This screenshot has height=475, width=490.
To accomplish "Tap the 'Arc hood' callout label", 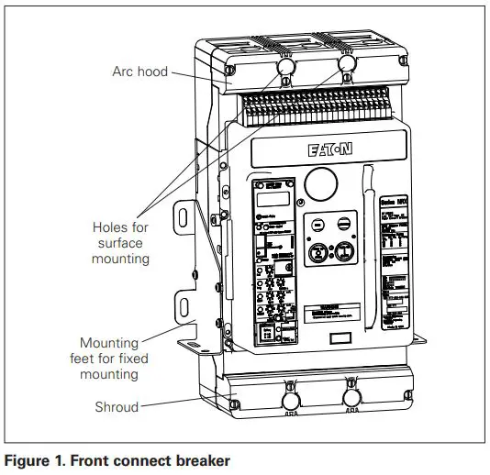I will (x=139, y=70).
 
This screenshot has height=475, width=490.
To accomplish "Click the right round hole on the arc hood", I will (x=347, y=64).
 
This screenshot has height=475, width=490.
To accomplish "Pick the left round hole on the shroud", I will (x=292, y=400).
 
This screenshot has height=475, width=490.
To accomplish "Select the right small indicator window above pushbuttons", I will (x=345, y=223).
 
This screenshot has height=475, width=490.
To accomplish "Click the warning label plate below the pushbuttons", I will (x=329, y=309).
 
